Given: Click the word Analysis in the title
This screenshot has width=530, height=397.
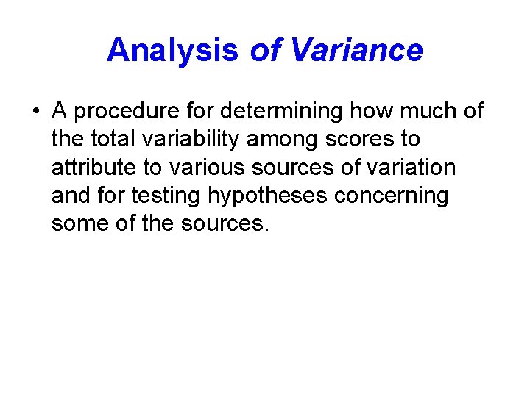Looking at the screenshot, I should (172, 51).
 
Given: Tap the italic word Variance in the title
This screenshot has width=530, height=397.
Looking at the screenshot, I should (357, 51).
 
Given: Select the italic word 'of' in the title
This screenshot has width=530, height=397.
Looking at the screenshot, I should (265, 51).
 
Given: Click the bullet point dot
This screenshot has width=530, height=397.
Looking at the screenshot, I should (35, 112).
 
